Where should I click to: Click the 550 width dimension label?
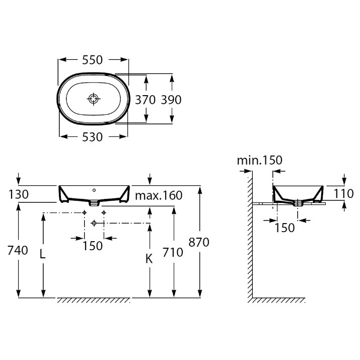(92, 60)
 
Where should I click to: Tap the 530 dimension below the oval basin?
(92, 137)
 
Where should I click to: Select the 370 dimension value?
(146, 100)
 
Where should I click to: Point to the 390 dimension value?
(171, 100)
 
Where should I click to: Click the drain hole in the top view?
(94, 99)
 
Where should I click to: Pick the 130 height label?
(19, 194)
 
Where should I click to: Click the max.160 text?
(159, 196)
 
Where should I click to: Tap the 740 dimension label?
(18, 250)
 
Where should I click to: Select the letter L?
(42, 254)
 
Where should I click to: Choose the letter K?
(149, 259)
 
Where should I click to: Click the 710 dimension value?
(173, 253)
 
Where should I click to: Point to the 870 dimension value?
(199, 242)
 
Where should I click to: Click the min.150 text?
(260, 160)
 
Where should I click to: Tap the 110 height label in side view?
(343, 193)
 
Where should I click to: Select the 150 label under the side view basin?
(284, 228)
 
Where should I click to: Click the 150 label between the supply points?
(93, 246)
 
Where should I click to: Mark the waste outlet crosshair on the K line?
(94, 223)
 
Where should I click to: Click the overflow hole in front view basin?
(94, 190)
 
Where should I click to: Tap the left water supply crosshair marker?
(84, 212)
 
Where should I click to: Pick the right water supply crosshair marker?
(104, 212)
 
